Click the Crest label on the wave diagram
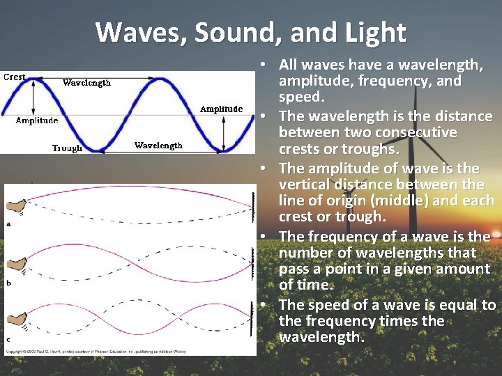coord(15,77)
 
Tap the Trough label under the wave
coord(67,148)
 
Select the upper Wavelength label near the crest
coord(86,83)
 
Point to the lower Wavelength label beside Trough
coord(158,146)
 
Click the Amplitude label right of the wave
coord(221,109)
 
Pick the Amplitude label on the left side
coord(37,120)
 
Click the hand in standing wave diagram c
coord(14,320)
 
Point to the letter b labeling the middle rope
coord(8,283)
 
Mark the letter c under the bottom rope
coord(8,339)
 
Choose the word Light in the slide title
coord(374,32)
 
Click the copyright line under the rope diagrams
coord(105,350)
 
